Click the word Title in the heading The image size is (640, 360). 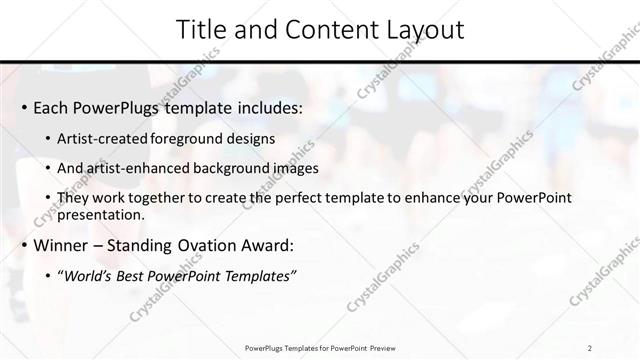tap(201, 30)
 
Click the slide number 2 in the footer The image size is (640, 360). tap(590, 348)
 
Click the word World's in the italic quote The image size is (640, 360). tap(90, 275)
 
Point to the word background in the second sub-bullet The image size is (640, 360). tap(221, 168)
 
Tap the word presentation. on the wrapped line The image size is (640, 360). tap(101, 215)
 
